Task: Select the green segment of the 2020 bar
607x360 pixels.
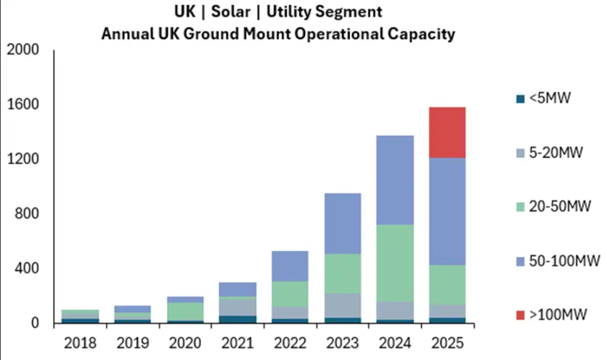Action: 185,311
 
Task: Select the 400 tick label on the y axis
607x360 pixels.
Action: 26,269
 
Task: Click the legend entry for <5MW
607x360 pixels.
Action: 541,98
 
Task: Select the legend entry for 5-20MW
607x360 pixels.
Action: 548,152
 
